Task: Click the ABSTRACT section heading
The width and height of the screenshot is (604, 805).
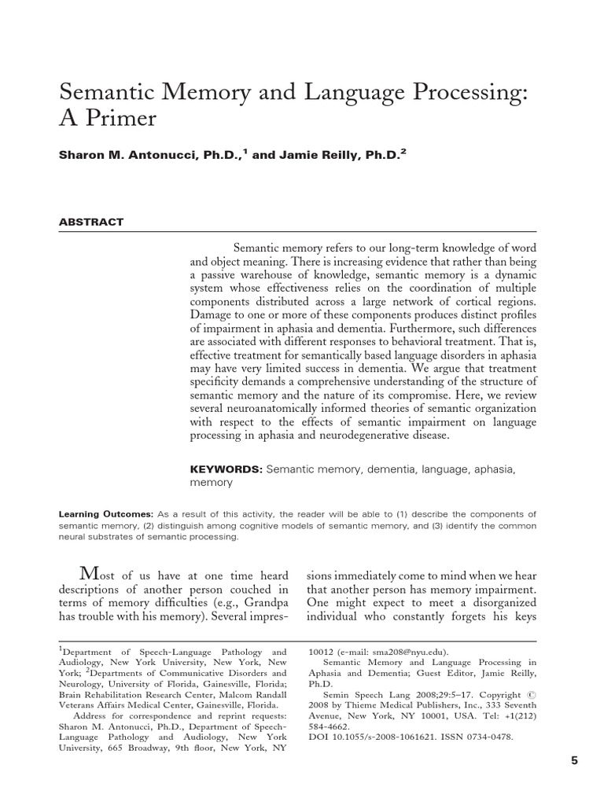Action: [91, 222]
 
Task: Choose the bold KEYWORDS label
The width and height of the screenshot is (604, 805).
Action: [225, 469]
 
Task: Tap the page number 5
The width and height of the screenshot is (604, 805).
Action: [573, 760]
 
